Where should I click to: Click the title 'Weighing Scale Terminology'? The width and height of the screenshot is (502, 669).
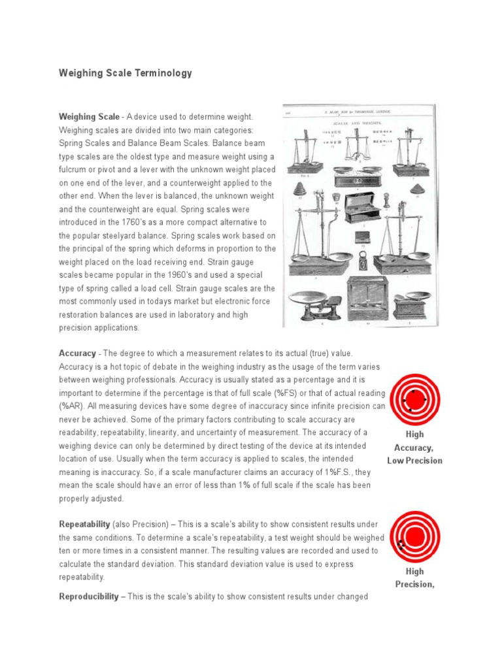tap(125, 73)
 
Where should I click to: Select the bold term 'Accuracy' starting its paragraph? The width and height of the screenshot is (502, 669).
tap(77, 353)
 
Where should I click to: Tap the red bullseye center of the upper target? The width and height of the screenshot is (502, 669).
tap(414, 399)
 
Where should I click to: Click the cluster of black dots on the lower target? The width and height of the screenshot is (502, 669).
tap(401, 544)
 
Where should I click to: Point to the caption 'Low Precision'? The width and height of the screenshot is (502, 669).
tap(414, 461)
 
